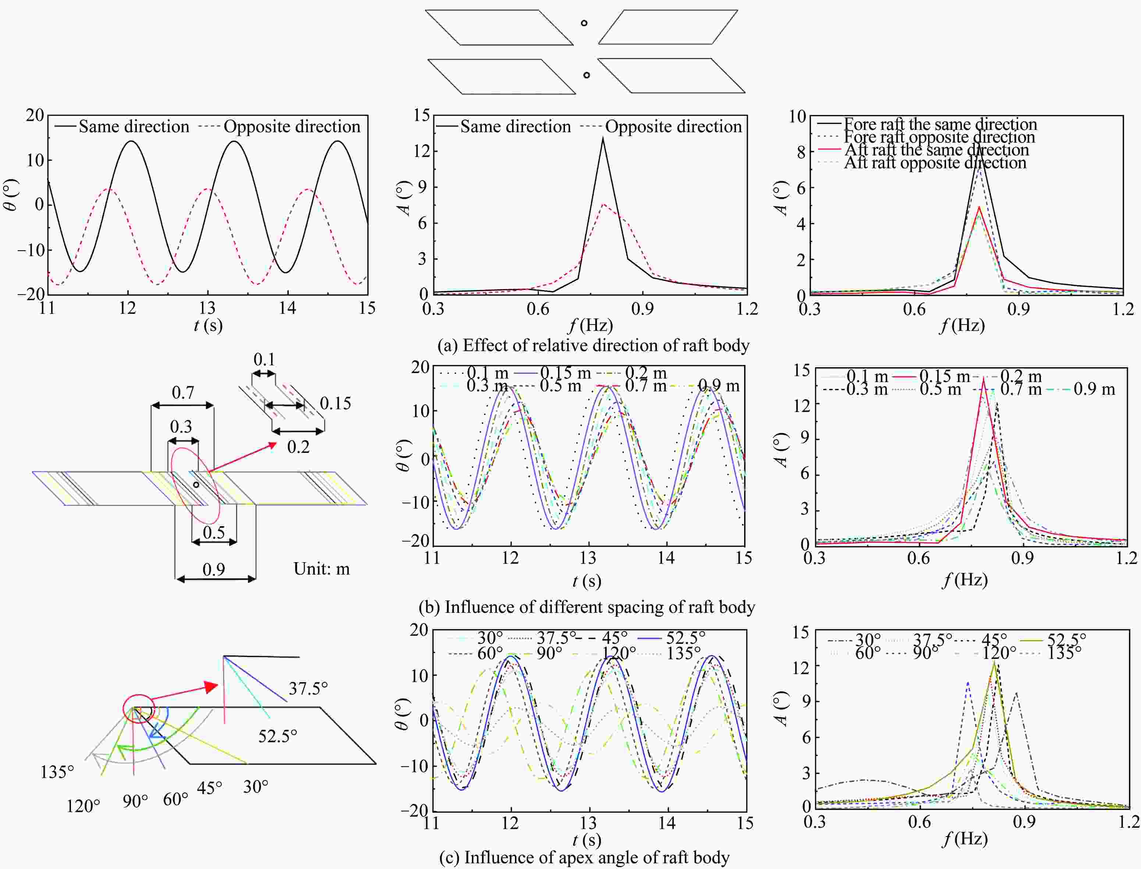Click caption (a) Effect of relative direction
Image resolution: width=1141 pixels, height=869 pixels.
tap(593, 345)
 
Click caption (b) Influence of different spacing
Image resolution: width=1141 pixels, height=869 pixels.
tap(587, 606)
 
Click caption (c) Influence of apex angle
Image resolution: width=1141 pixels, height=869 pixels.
tap(584, 857)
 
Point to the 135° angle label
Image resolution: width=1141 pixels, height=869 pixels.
tap(57, 772)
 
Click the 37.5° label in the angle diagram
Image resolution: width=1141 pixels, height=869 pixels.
tap(308, 688)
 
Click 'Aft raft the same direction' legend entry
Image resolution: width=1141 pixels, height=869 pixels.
tap(936, 150)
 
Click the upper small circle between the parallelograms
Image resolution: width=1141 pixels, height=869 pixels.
tap(584, 23)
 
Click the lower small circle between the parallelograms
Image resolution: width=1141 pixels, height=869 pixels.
tap(586, 75)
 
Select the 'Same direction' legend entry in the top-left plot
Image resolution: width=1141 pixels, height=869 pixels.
tap(134, 127)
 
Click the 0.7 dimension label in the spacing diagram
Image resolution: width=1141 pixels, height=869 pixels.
tap(182, 393)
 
